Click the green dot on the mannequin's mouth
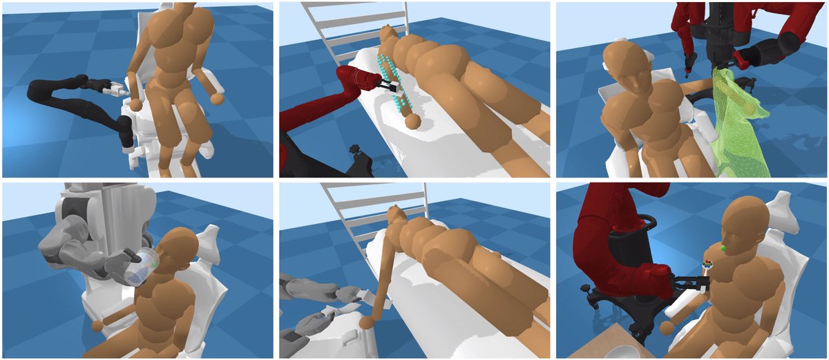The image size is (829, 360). [723, 247]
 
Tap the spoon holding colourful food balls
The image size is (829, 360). [707, 263]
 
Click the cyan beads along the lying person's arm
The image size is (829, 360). [393, 82]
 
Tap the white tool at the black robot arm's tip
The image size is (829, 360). [115, 88]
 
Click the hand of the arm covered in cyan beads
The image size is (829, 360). [412, 122]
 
